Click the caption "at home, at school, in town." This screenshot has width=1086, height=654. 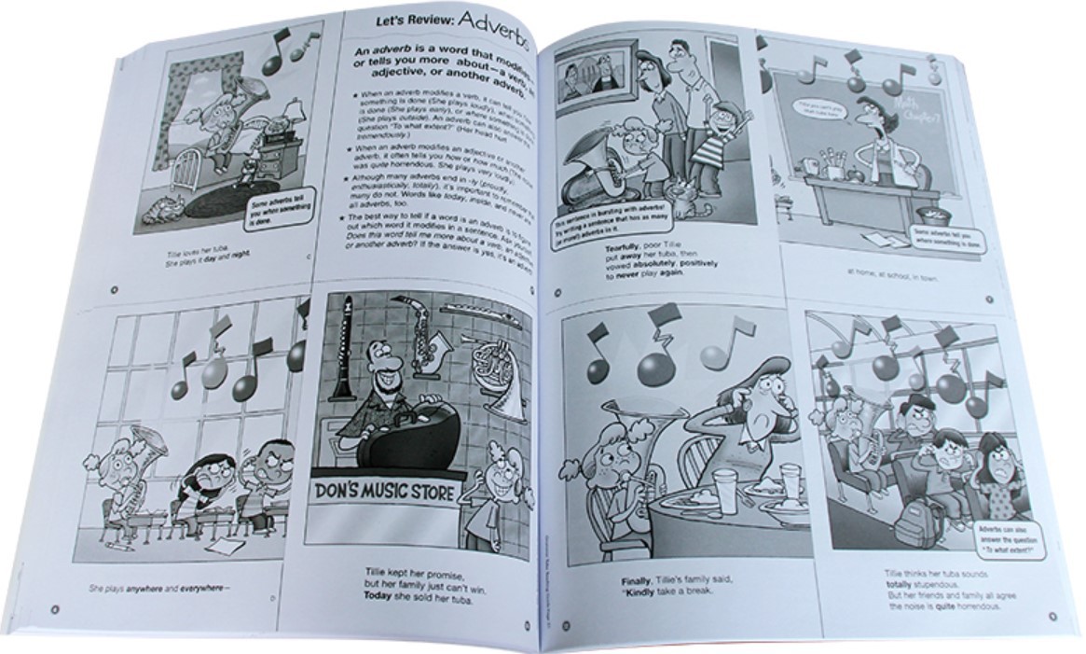(x=899, y=276)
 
